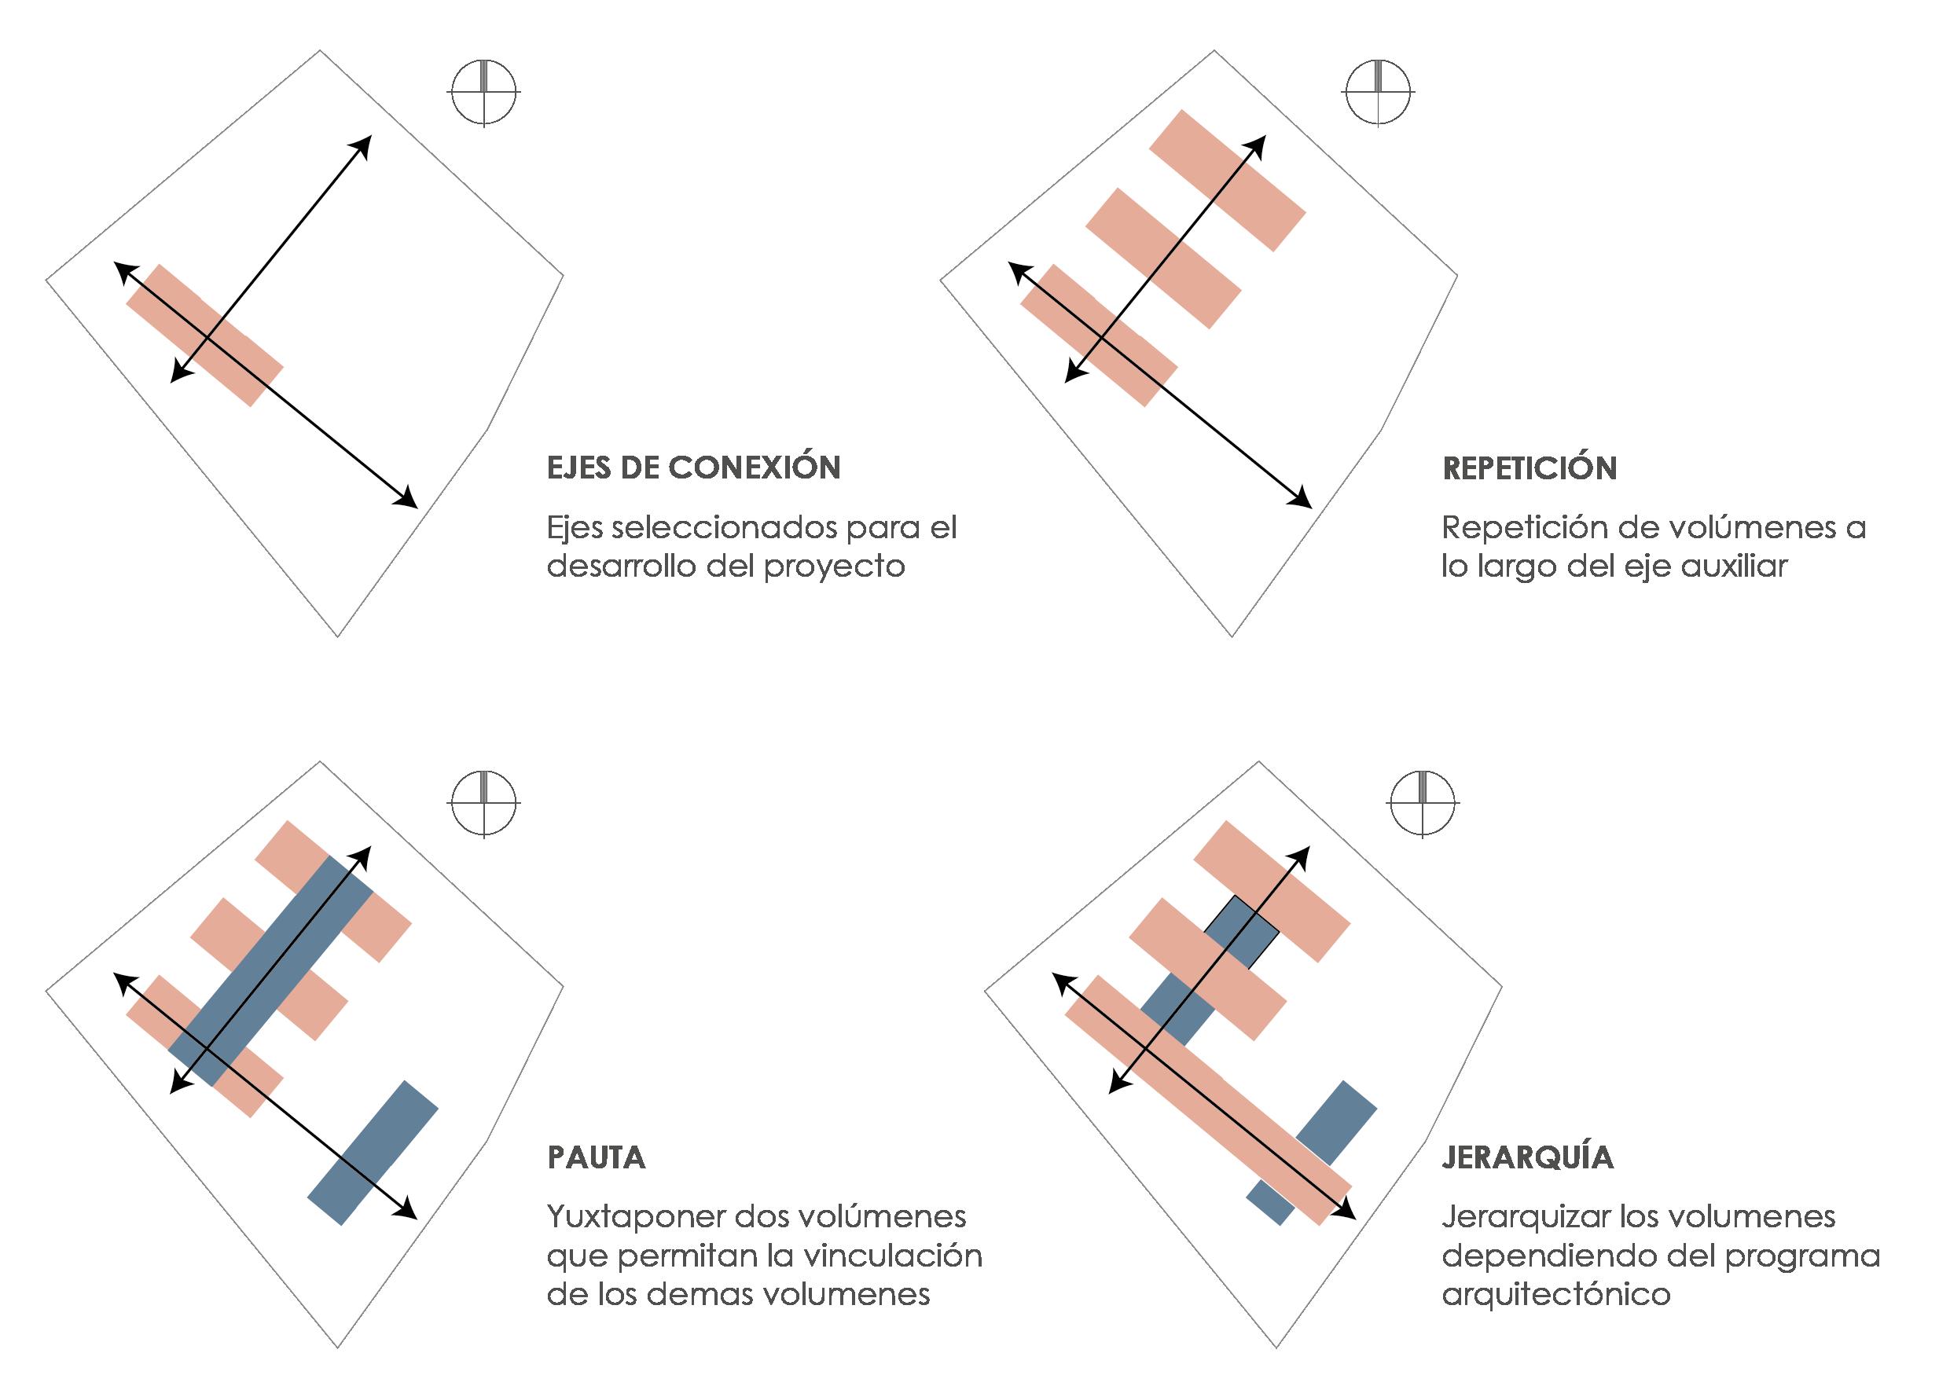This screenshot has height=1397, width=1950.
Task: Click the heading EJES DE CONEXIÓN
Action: click(694, 467)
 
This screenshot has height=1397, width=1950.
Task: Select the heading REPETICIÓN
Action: click(1530, 467)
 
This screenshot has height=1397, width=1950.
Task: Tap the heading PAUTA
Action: click(597, 1157)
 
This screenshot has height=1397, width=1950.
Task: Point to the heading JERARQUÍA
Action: click(1528, 1157)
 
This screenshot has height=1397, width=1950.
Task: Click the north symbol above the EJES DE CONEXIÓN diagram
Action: click(485, 92)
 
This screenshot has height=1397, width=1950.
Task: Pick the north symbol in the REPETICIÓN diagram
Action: click(1379, 92)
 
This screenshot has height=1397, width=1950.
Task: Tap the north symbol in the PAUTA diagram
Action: click(484, 803)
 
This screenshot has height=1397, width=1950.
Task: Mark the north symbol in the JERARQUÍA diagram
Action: click(1423, 803)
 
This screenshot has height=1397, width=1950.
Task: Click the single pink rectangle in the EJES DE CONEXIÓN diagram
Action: click(204, 335)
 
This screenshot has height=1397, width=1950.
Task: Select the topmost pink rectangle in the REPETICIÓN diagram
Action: click(1228, 180)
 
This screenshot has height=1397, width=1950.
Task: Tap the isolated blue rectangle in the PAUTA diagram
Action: click(373, 1153)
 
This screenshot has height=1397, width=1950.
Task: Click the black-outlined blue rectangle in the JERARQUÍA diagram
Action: click(1242, 931)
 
